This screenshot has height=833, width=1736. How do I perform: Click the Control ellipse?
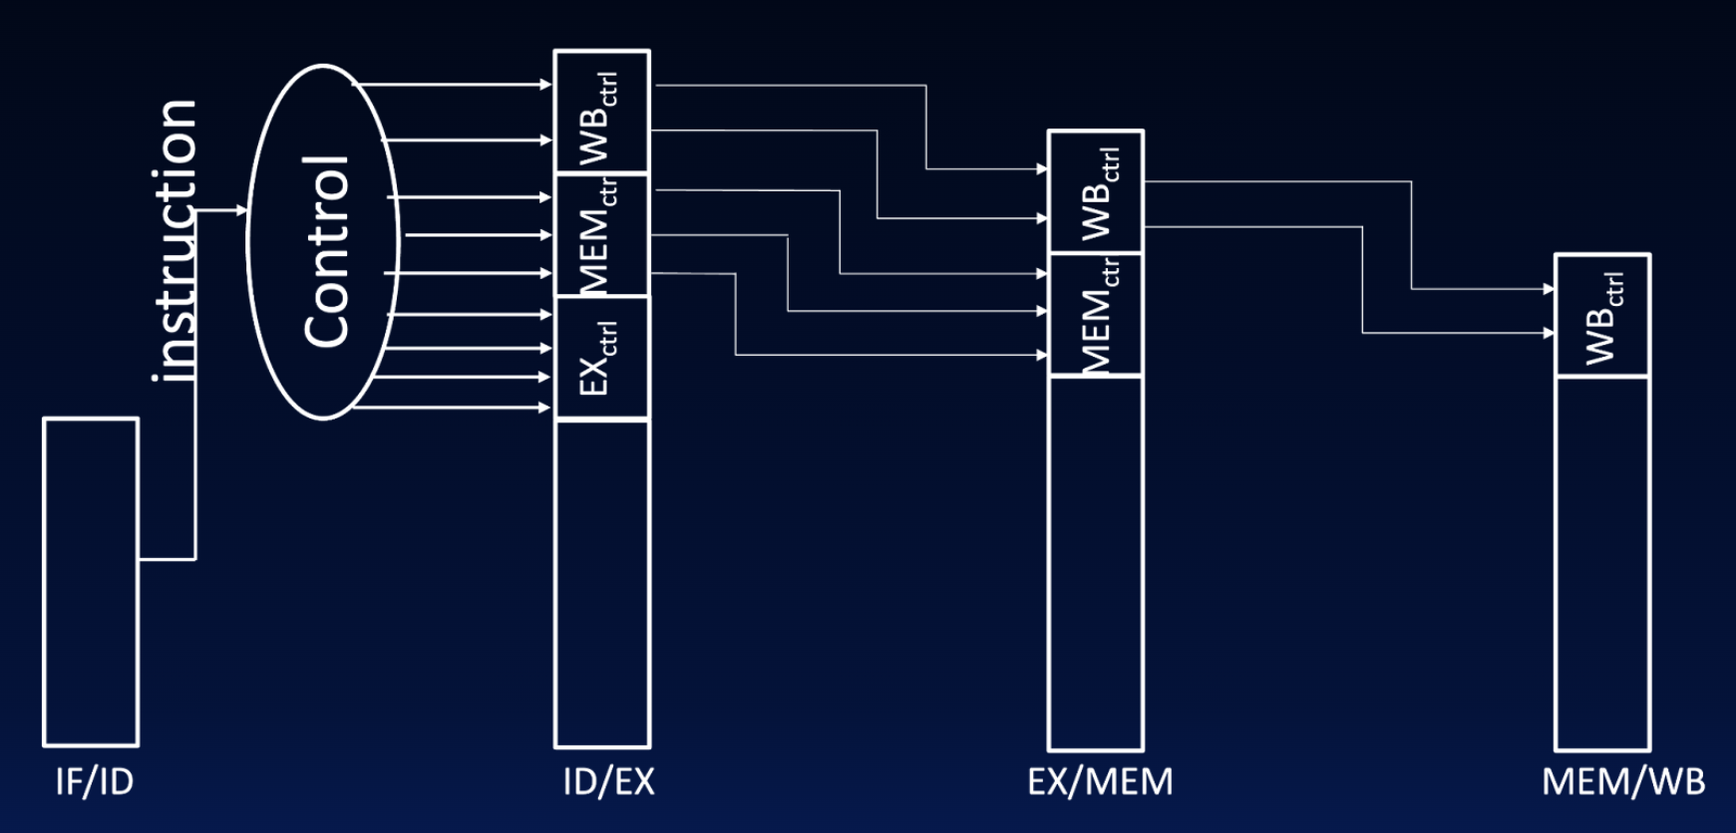click(x=323, y=243)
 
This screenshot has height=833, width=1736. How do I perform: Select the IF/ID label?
click(x=94, y=782)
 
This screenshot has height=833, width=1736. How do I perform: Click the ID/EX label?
click(x=608, y=782)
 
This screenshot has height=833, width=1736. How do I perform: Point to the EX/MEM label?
click(x=1100, y=782)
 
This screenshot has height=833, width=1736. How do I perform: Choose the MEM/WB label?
click(x=1623, y=782)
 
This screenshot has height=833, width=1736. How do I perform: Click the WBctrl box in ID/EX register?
click(x=601, y=113)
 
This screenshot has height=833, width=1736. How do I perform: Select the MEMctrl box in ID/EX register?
click(x=601, y=235)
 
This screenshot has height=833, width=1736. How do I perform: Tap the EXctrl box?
click(x=601, y=358)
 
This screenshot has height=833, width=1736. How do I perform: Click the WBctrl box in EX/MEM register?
click(x=1095, y=191)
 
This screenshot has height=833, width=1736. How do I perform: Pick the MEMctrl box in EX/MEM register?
click(x=1095, y=314)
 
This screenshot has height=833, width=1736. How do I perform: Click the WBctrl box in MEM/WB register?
click(x=1602, y=316)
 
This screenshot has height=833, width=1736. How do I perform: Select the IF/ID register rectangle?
click(x=91, y=582)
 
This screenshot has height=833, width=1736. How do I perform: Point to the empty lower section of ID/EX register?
click(x=601, y=583)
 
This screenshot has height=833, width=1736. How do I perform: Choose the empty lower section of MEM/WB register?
click(x=1602, y=563)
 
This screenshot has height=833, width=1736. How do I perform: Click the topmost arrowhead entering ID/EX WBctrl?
click(x=546, y=86)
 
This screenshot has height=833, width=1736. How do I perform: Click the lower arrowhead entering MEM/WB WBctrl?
click(x=1549, y=333)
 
